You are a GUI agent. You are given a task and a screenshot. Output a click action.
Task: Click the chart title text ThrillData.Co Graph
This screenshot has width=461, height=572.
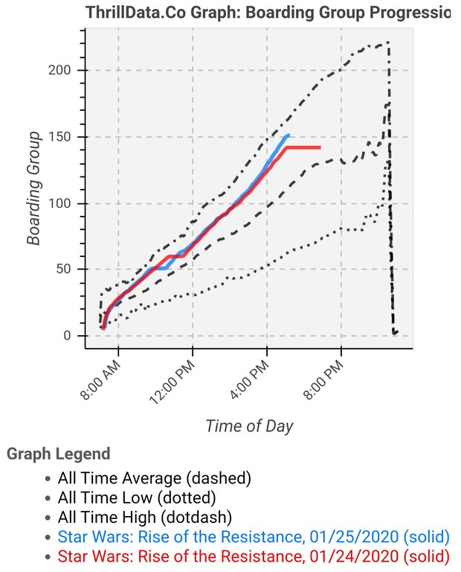(x=268, y=12)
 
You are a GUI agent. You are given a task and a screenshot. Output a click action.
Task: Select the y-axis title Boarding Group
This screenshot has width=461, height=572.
(x=33, y=188)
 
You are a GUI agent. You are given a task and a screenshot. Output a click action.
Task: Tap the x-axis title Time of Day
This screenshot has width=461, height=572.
(x=249, y=426)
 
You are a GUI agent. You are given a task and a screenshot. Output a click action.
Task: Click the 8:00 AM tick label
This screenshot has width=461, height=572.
(x=100, y=378)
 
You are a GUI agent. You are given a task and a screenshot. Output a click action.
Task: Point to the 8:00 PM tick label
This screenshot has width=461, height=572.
(x=323, y=378)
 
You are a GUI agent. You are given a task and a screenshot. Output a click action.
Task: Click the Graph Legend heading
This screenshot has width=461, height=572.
(x=58, y=454)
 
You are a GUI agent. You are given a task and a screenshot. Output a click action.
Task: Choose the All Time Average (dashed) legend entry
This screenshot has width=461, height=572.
(x=155, y=477)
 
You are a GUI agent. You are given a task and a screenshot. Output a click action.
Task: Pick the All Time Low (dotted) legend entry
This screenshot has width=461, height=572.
(x=137, y=497)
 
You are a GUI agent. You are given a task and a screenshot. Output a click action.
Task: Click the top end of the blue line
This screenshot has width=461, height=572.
(x=288, y=136)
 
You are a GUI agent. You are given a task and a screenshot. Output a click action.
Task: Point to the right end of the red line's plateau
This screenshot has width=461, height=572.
(x=320, y=147)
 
